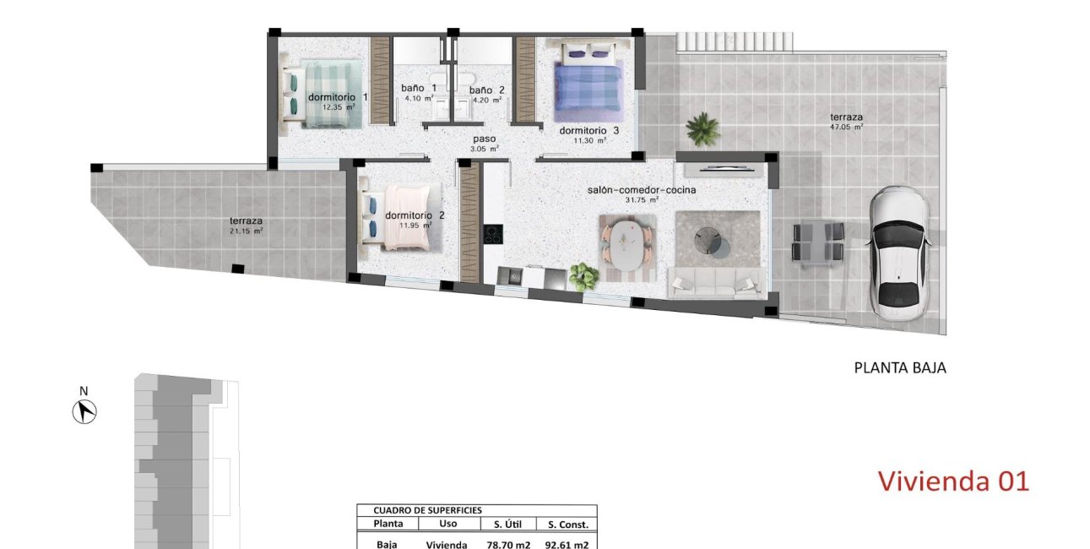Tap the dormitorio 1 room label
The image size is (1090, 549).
coord(338,97)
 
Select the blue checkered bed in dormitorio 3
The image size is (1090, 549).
coord(588,84)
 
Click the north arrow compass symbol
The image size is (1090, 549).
coord(84,411)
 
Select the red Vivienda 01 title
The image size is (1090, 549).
coord(953,481)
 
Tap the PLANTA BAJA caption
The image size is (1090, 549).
coord(900,368)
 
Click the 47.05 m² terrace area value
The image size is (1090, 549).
coord(846,128)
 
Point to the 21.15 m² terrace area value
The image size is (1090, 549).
coord(247,231)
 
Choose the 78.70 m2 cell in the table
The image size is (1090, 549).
coord(508,545)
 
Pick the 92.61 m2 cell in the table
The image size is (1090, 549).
coord(567,545)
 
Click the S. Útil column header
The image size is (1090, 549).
coord(508,525)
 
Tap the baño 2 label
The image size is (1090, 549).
coord(486,90)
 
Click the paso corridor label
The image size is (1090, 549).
coord(484,139)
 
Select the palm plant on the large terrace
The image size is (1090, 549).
coord(702,129)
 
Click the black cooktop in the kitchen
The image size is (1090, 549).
coord(493,233)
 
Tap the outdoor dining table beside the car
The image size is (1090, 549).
coord(817,243)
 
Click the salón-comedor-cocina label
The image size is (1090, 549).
coord(641,190)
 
